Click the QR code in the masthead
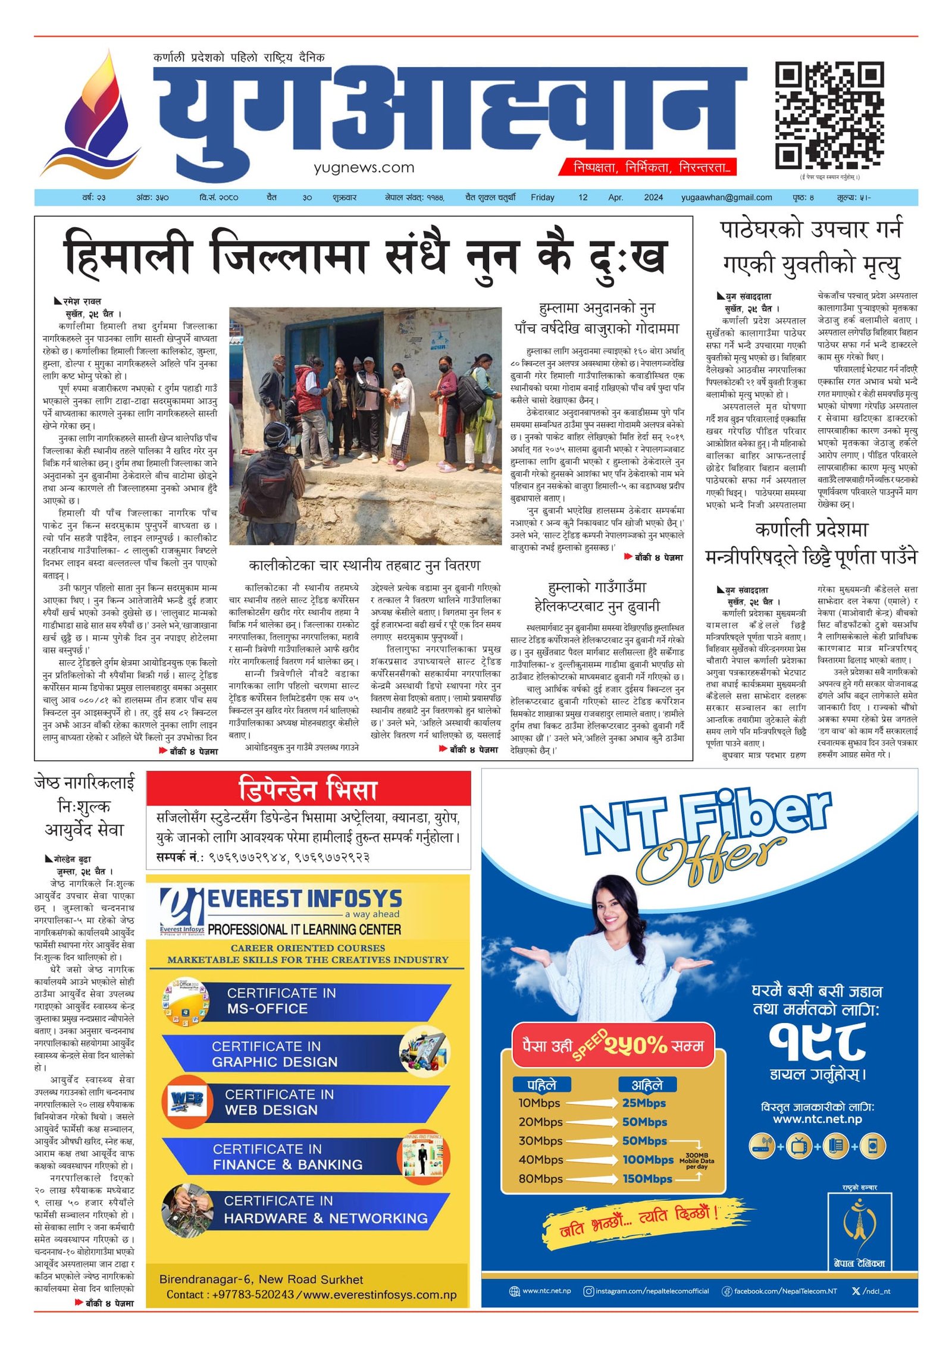point(829,115)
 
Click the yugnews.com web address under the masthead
point(364,168)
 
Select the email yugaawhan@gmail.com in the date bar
point(726,197)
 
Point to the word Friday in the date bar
point(542,197)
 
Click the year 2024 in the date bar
point(653,197)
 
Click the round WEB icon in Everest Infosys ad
point(187,1100)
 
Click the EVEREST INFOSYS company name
point(304,899)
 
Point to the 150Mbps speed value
point(647,1179)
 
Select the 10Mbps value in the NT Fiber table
point(539,1103)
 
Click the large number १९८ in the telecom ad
point(817,1041)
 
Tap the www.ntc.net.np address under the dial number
point(817,1119)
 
